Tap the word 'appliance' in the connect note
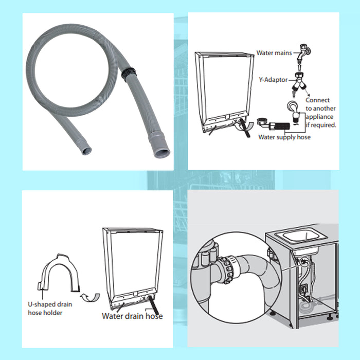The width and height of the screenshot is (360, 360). pos(320,116)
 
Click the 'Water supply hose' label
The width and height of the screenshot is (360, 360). pos(285,137)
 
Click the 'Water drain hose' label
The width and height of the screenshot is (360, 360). pos(132,316)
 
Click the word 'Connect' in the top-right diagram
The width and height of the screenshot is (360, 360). pos(317,100)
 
